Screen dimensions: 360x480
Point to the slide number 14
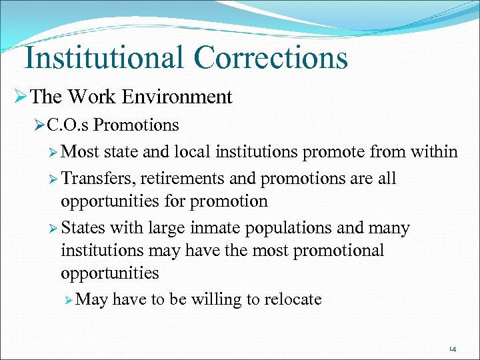pos(452,348)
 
